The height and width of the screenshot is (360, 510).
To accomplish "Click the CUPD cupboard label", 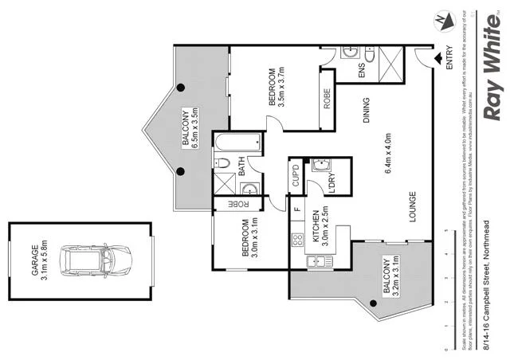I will click(295, 175).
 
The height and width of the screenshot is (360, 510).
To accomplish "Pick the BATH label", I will click(242, 168).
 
